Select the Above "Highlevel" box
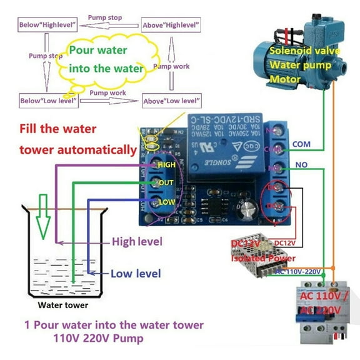click(171, 25)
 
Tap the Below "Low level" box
click(49, 100)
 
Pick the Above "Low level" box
click(172, 100)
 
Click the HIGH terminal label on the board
click(167, 164)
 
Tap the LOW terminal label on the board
click(166, 202)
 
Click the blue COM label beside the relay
click(302, 144)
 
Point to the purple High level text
click(137, 241)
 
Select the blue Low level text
click(136, 273)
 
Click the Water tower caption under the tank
click(63, 306)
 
